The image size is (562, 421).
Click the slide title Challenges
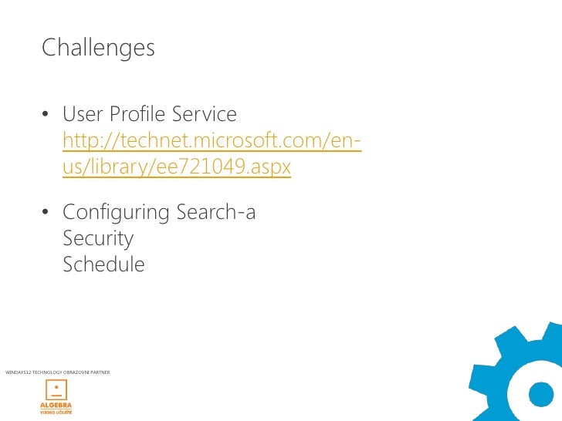pyautogui.click(x=98, y=48)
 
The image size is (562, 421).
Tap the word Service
pyautogui.click(x=204, y=116)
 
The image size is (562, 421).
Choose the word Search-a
pyautogui.click(x=216, y=212)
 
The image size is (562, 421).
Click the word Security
pyautogui.click(x=98, y=238)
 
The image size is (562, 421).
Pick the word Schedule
pyautogui.click(x=103, y=264)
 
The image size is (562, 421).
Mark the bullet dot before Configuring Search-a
pyautogui.click(x=46, y=213)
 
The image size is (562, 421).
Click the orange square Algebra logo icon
pyautogui.click(x=56, y=389)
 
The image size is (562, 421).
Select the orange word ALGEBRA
pyautogui.click(x=56, y=406)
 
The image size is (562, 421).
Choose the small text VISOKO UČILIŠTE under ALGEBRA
pyautogui.click(x=56, y=413)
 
